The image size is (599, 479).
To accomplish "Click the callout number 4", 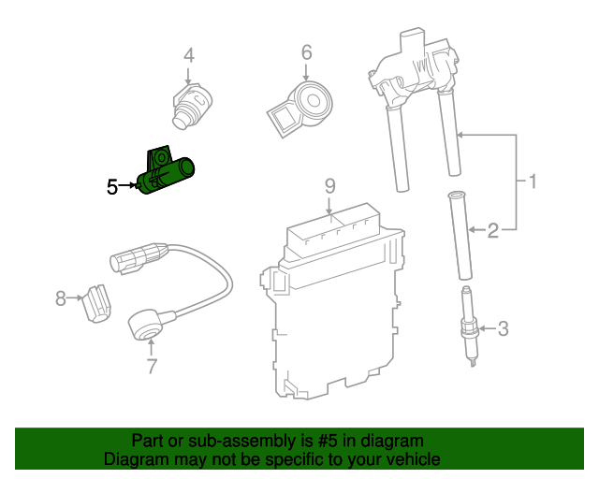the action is click(x=189, y=56).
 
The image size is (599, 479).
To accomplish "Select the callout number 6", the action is click(x=306, y=52).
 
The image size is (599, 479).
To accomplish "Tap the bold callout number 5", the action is click(x=112, y=187).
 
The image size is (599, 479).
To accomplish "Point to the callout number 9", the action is click(x=330, y=186).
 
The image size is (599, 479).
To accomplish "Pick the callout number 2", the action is click(x=493, y=231).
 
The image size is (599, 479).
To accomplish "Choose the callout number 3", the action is click(x=504, y=329).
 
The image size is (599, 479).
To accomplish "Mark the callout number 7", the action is click(x=152, y=366).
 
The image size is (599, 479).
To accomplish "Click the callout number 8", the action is click(x=61, y=298).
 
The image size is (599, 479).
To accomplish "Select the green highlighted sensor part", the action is click(x=166, y=171).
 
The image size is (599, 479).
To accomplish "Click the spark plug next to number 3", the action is click(x=469, y=327).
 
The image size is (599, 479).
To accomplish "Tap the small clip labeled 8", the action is click(x=97, y=303).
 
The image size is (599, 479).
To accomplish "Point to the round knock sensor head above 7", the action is click(x=144, y=326).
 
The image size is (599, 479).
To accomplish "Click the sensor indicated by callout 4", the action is click(x=191, y=106).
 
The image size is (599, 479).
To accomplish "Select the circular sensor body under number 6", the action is click(x=313, y=101).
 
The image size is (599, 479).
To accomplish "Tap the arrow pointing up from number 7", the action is click(x=152, y=348).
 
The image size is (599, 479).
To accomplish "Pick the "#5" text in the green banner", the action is click(x=327, y=441).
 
